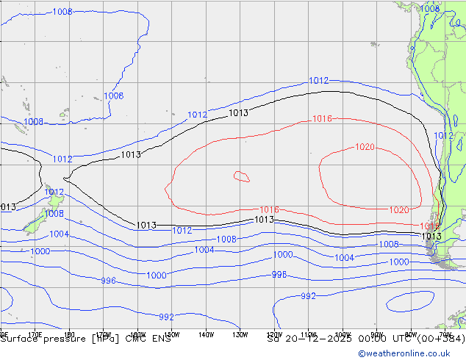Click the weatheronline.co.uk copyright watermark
point(412,353)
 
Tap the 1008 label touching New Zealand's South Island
point(54,214)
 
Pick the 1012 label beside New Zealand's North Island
point(54,192)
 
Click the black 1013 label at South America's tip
point(431,237)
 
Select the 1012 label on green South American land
point(443,136)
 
